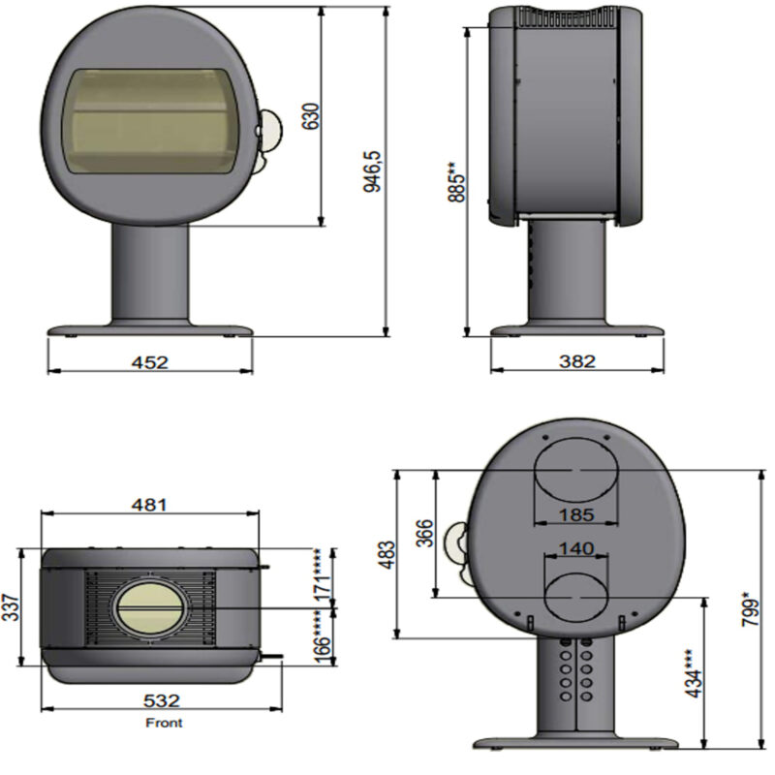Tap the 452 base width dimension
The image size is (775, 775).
[x=150, y=362]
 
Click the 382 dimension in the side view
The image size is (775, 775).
[x=577, y=361]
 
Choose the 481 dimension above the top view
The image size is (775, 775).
[x=150, y=505]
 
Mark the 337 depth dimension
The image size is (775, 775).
[x=12, y=606]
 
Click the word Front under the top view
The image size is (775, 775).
[x=163, y=723]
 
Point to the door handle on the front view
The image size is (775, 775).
[x=272, y=133]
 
